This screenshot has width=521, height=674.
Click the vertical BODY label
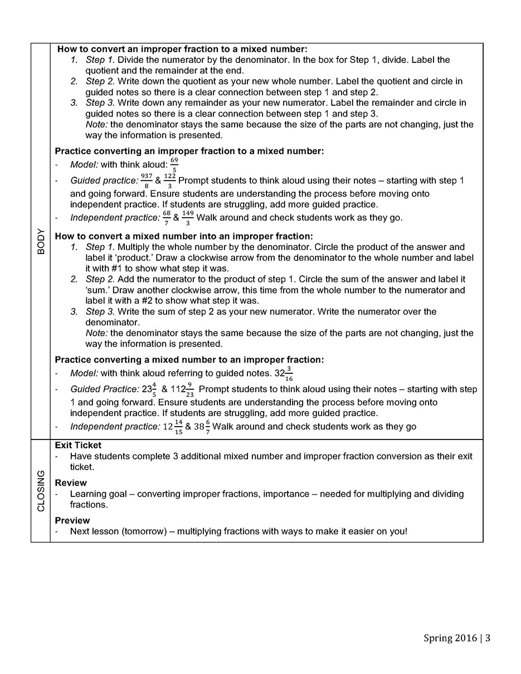pyautogui.click(x=41, y=241)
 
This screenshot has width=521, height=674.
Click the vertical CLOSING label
pyautogui.click(x=41, y=491)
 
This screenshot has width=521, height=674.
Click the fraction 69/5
pyautogui.click(x=174, y=165)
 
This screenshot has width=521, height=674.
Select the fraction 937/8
pyautogui.click(x=147, y=181)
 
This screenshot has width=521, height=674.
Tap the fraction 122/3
pyautogui.click(x=170, y=181)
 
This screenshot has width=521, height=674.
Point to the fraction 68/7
pyautogui.click(x=167, y=218)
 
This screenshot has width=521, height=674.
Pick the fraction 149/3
pyautogui.click(x=188, y=218)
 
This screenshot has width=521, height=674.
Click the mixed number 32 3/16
pyautogui.click(x=284, y=374)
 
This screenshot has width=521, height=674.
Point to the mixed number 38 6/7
pyautogui.click(x=202, y=427)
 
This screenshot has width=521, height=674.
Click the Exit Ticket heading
pyautogui.click(x=78, y=446)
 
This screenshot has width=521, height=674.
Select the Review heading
pyautogui.click(x=71, y=483)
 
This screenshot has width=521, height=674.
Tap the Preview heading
pyautogui.click(x=72, y=520)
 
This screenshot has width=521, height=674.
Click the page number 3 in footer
pyautogui.click(x=488, y=638)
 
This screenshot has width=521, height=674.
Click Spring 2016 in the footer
pyautogui.click(x=451, y=638)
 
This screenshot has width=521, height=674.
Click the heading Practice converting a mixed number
pyautogui.click(x=189, y=360)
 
